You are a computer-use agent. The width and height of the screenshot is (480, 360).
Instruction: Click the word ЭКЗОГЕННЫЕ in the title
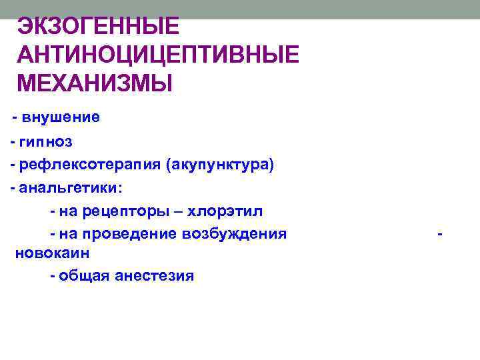click(x=98, y=27)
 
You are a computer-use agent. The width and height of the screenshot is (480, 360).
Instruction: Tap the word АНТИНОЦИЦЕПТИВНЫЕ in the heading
click(x=158, y=55)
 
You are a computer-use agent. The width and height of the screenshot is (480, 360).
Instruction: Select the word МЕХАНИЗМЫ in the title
click(x=94, y=84)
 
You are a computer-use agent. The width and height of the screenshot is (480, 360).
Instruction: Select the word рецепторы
click(x=122, y=211)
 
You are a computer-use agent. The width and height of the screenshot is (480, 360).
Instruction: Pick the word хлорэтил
click(x=225, y=211)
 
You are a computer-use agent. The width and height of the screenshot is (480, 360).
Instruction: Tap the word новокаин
click(x=53, y=254)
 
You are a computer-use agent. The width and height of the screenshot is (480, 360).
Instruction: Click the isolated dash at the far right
click(x=439, y=234)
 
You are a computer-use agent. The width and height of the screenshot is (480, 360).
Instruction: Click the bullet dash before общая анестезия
click(x=52, y=275)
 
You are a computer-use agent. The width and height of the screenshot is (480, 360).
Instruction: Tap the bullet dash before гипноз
click(x=13, y=142)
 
